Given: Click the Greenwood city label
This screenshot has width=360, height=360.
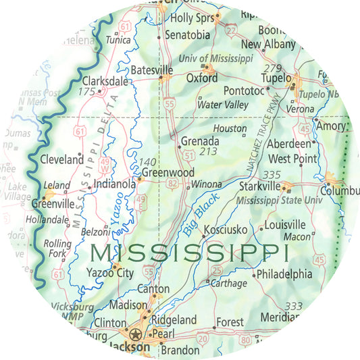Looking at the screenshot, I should pyautogui.click(x=168, y=173).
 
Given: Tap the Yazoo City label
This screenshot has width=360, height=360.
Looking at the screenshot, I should pyautogui.click(x=110, y=274).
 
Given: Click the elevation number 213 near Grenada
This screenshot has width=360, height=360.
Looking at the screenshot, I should pyautogui.click(x=209, y=151).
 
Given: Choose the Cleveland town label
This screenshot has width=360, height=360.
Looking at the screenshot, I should pyautogui.click(x=61, y=161).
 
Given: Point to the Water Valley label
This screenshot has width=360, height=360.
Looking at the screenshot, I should pyautogui.click(x=223, y=105).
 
